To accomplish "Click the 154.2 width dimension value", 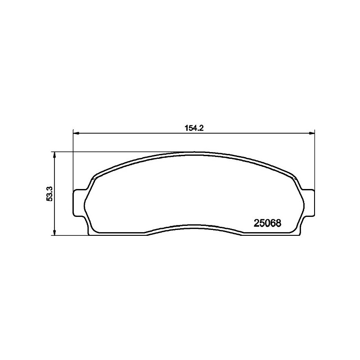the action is tap(194, 128).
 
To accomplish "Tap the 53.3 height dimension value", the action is tap(49, 194).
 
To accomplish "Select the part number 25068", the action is tap(267, 223).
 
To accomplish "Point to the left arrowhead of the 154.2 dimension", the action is tap(76, 133).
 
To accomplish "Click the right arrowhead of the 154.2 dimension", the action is tap(311, 133).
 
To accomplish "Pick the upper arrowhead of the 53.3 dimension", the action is tap(54, 155).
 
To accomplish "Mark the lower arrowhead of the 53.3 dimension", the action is tap(54, 232).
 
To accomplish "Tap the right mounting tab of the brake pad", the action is tap(308, 203).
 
